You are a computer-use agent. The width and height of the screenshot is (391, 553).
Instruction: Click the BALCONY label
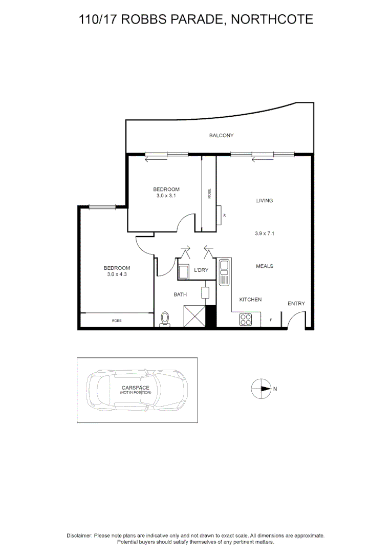[x=221, y=136]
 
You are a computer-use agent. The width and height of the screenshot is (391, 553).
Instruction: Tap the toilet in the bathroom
[x=165, y=319]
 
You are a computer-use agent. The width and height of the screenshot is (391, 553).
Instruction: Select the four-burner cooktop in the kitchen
[x=246, y=320]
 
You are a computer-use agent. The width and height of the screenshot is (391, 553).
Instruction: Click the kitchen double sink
[x=224, y=272]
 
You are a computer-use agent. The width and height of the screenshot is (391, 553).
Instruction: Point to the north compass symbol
[x=260, y=389]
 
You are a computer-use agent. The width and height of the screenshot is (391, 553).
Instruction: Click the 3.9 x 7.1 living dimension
[x=265, y=233]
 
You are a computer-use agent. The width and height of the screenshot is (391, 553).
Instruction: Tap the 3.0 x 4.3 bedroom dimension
[x=117, y=274]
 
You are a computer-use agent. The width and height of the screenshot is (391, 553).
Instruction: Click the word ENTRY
[x=296, y=304]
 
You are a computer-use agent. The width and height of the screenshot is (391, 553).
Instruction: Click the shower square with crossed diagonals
[x=194, y=316]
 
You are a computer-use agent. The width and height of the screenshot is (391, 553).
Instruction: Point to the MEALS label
[x=265, y=266]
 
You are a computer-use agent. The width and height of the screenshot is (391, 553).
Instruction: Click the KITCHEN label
[x=251, y=300]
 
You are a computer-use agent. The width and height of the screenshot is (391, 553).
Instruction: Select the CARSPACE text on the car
[x=136, y=388]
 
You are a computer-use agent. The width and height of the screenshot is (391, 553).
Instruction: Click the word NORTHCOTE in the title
[x=272, y=19]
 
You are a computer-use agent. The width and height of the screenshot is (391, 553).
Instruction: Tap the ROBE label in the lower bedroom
[x=117, y=321]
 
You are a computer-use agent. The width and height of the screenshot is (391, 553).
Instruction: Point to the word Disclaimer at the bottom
[x=79, y=535]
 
